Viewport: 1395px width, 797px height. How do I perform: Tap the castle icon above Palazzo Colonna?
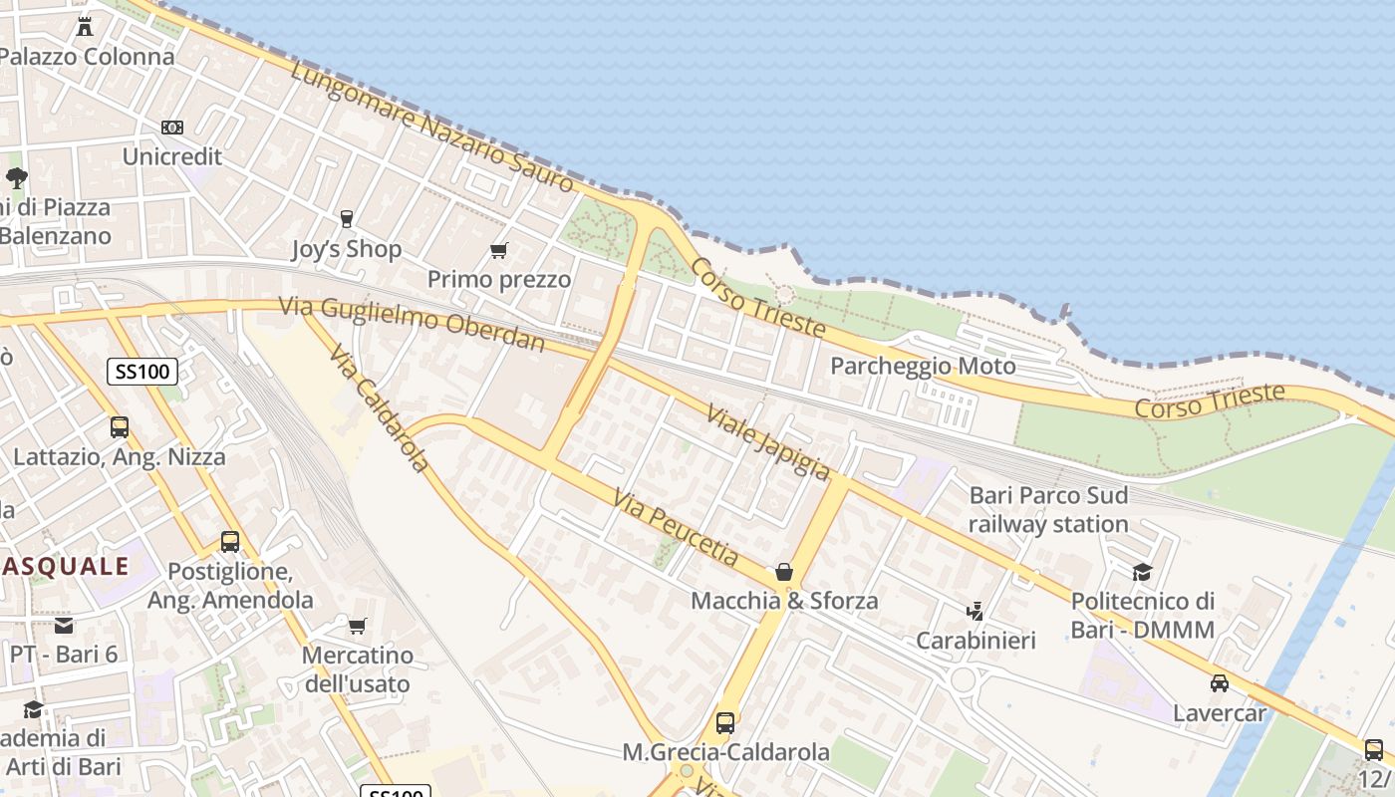pos(85,26)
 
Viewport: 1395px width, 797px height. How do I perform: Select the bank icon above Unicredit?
pos(172,128)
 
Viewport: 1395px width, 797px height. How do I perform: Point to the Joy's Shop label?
pos(347,249)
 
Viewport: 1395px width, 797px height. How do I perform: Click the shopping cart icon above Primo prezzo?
pos(499,250)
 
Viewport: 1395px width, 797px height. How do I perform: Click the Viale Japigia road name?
pos(767,441)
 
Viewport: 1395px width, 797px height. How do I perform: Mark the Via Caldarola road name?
pos(378,408)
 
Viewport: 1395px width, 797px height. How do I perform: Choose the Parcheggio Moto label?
pos(923,366)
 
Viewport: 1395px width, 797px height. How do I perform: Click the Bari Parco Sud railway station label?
pos(1048,509)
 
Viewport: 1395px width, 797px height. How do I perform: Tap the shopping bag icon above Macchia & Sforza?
pos(784,572)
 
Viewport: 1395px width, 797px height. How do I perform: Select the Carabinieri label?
pos(976,640)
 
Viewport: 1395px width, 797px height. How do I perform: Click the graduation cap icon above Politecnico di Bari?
pos(1142,572)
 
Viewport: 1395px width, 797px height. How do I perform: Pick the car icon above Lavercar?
pos(1219,683)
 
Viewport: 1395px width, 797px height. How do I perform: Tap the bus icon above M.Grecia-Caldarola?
pos(725,723)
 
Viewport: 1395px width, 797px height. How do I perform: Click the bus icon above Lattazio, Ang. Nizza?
pos(120,427)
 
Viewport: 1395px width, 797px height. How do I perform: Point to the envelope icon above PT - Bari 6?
pos(64,626)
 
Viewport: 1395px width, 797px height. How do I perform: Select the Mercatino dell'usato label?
pos(357,669)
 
